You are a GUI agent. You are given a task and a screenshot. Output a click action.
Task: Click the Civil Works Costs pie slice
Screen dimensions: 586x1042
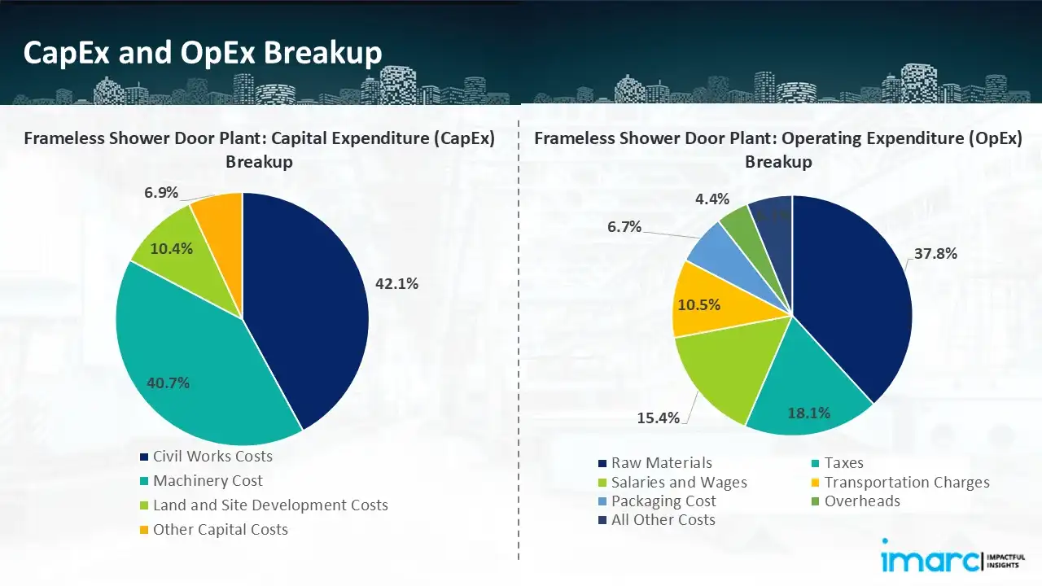pyautogui.click(x=309, y=309)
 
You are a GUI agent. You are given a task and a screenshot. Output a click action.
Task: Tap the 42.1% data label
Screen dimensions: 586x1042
pyautogui.click(x=396, y=284)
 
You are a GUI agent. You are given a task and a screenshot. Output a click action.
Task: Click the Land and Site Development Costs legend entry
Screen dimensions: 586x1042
pyautogui.click(x=270, y=505)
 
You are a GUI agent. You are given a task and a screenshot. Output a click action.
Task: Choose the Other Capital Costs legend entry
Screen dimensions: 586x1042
pyautogui.click(x=220, y=530)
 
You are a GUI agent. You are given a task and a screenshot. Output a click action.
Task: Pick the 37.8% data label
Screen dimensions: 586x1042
pyautogui.click(x=935, y=253)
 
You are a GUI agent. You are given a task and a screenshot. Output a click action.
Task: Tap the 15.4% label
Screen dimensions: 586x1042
pyautogui.click(x=658, y=418)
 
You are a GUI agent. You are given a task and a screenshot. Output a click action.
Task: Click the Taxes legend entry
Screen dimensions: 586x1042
pyautogui.click(x=843, y=463)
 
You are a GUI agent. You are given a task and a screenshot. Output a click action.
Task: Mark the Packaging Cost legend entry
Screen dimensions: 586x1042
pyautogui.click(x=663, y=501)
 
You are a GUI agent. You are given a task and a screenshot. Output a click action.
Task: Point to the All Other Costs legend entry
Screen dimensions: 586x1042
pyautogui.click(x=663, y=520)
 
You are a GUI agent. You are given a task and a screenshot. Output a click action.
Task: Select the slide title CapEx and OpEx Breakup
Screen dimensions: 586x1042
pyautogui.click(x=203, y=53)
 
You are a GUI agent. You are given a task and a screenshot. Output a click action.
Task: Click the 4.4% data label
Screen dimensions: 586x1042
pyautogui.click(x=712, y=199)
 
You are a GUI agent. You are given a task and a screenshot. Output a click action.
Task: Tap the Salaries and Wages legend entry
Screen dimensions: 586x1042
pyautogui.click(x=679, y=483)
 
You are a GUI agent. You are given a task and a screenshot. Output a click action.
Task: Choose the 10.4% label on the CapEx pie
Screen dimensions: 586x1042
pyautogui.click(x=171, y=249)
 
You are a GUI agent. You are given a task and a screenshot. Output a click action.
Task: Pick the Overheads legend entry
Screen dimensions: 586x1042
pyautogui.click(x=862, y=501)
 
